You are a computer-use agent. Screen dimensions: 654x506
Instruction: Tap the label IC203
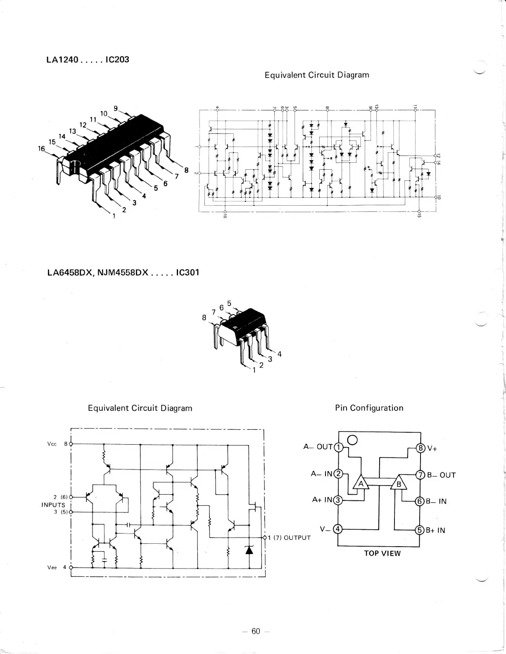coord(117,59)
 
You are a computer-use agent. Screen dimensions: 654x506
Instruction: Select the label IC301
coord(187,272)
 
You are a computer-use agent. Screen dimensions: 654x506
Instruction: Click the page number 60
coord(256,631)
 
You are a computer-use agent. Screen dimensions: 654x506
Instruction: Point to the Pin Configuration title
coord(369,408)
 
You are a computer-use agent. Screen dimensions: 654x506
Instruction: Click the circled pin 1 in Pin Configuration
coord(338,447)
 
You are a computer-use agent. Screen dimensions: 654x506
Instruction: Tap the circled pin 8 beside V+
coord(420,448)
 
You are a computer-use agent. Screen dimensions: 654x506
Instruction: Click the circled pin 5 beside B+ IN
coord(420,530)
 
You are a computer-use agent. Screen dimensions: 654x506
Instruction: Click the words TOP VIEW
coord(382,553)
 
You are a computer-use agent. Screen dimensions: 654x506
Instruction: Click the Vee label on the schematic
coord(52,567)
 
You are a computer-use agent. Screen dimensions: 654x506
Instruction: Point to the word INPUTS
coord(53,505)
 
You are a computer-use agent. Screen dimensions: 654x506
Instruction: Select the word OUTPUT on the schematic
coord(297,538)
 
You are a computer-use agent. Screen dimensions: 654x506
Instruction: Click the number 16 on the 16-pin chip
coord(41,149)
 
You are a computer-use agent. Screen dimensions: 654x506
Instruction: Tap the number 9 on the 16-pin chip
coord(116,109)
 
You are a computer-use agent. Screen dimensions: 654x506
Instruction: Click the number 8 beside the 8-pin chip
coord(204,318)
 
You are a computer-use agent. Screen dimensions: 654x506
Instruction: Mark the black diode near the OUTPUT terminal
coord(249,550)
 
